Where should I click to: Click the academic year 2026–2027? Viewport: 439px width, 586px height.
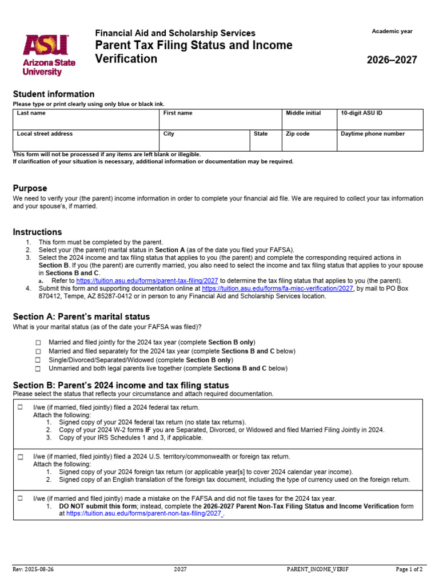tap(392, 60)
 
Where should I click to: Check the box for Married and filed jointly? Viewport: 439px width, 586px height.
tap(38, 342)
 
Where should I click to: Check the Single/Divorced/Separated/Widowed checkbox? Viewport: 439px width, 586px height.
tap(38, 360)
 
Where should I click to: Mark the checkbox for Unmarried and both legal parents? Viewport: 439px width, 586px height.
tap(38, 369)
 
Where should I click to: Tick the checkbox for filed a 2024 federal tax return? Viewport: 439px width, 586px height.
tap(20, 407)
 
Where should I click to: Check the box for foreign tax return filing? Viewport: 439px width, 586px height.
tap(20, 457)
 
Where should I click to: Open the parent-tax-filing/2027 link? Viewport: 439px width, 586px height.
tap(147, 281)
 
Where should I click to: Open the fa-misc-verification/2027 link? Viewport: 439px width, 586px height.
tap(278, 289)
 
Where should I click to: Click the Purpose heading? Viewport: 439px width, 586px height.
tap(30, 188)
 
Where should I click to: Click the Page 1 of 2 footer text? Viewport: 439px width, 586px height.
tap(409, 569)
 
